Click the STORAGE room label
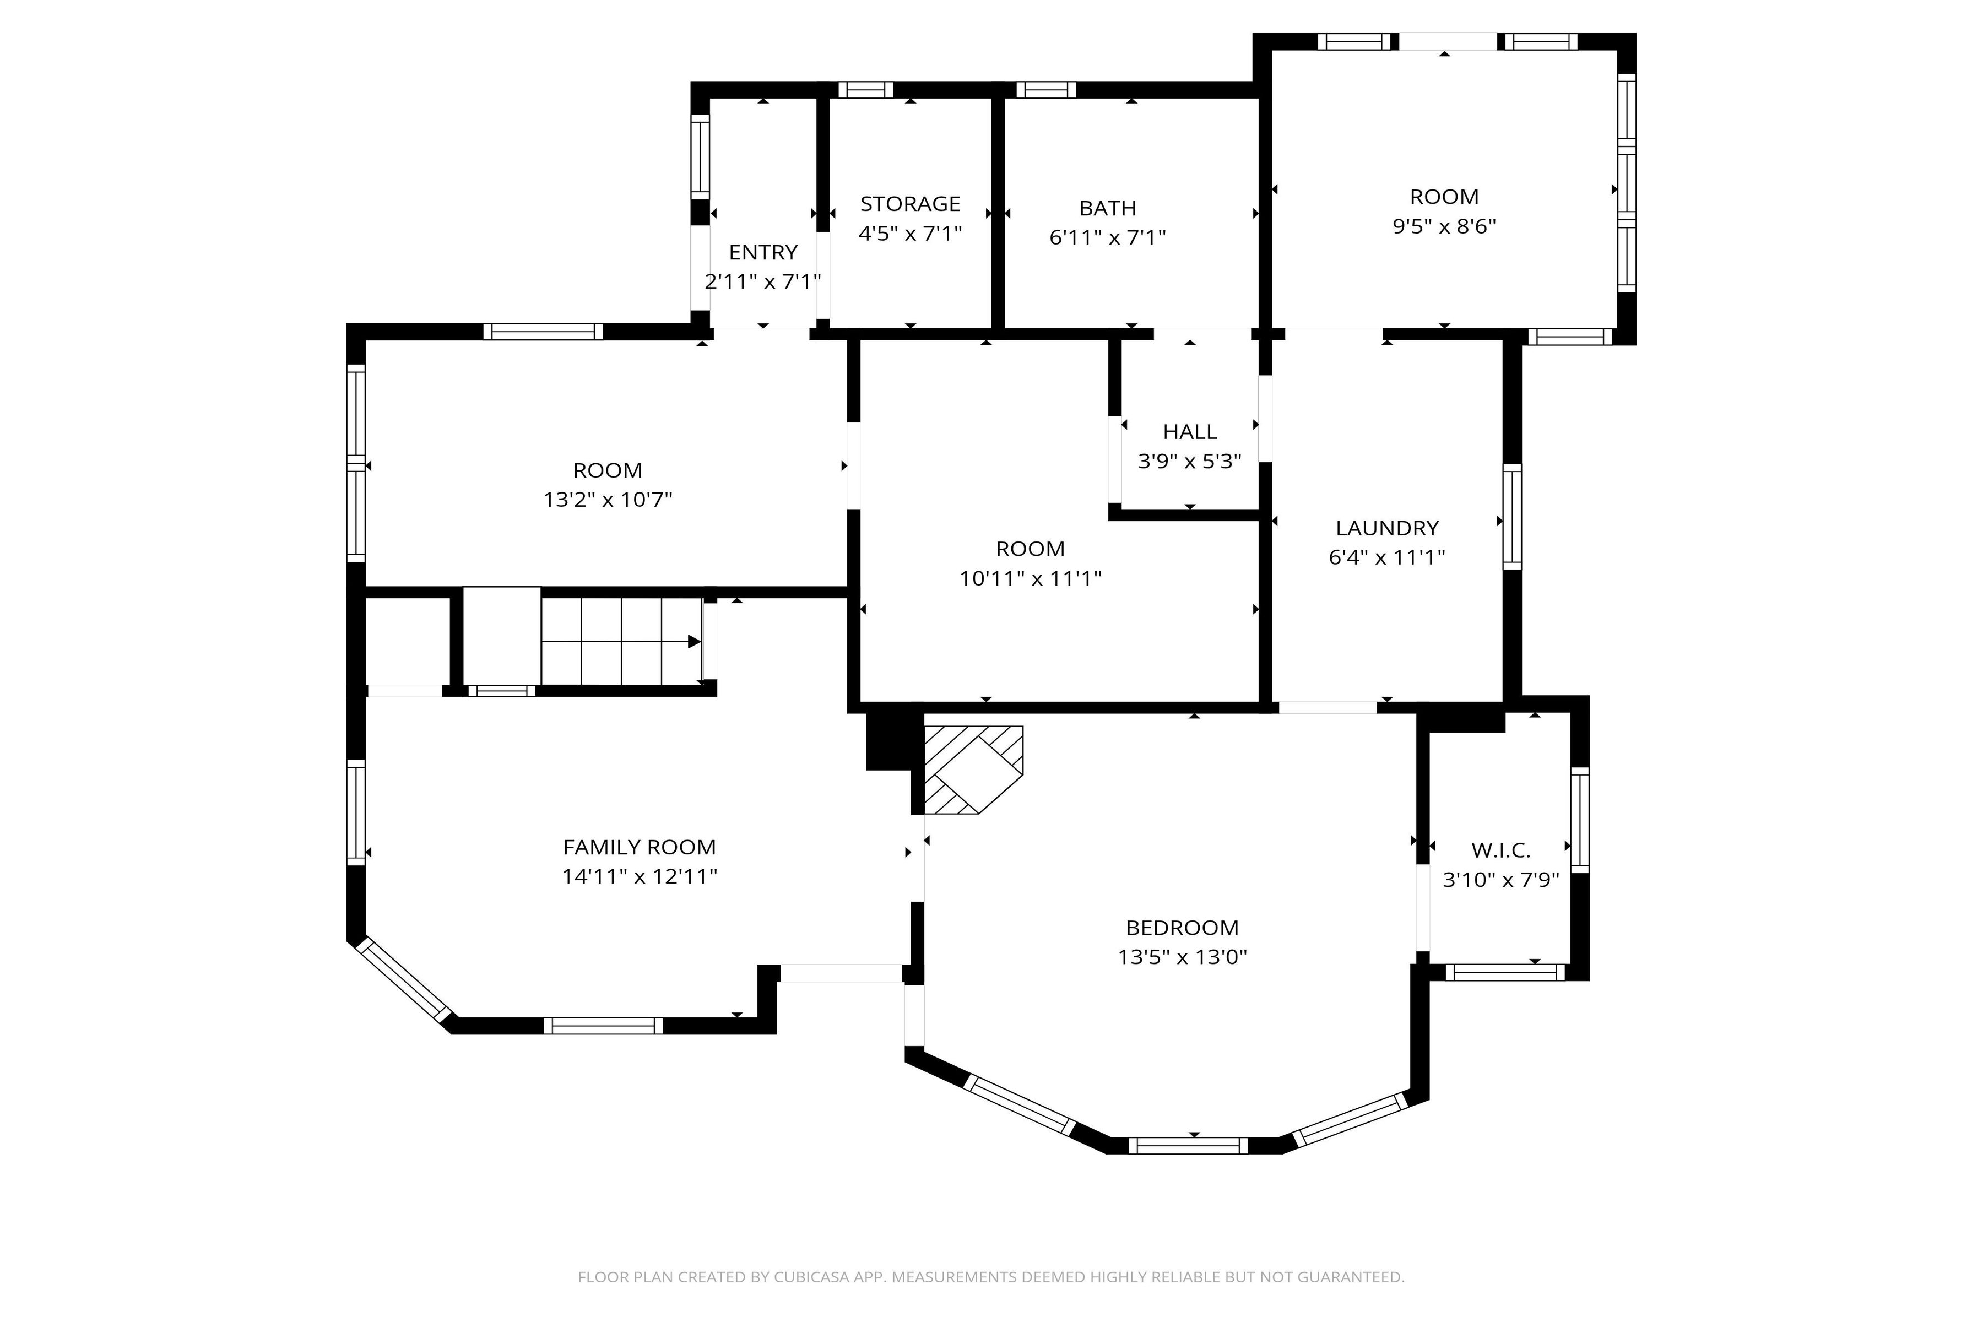(910, 204)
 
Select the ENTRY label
(763, 252)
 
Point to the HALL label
(1190, 432)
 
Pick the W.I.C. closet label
(1500, 850)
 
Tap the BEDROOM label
(1182, 928)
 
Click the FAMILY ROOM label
(639, 847)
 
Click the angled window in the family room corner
(404, 980)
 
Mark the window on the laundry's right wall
(1511, 516)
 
